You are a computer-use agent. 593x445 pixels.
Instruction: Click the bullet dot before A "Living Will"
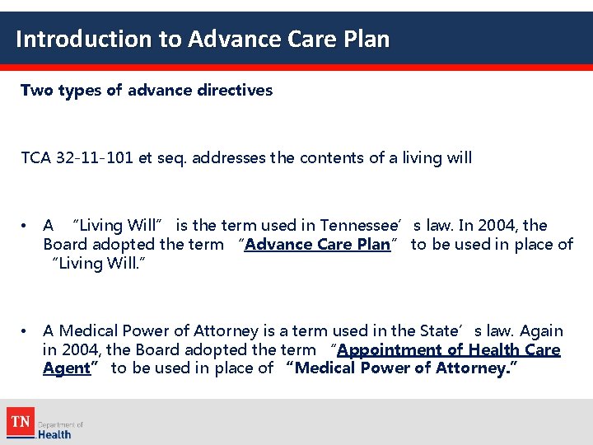(x=26, y=226)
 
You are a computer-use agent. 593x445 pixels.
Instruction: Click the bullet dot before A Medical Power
(x=26, y=331)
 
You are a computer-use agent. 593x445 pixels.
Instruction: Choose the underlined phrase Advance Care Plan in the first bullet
(x=317, y=245)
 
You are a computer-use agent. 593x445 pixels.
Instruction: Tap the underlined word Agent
(x=66, y=368)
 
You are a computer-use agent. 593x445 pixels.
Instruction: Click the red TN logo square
(x=20, y=422)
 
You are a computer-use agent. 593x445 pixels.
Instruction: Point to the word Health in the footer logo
(x=55, y=434)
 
